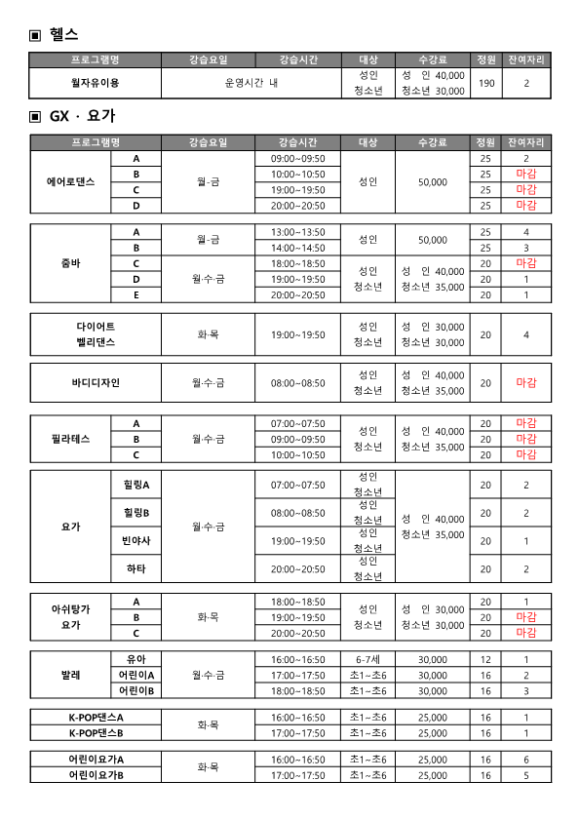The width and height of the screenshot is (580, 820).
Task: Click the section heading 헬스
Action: pos(63,34)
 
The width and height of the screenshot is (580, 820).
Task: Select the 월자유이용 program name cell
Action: pos(95,84)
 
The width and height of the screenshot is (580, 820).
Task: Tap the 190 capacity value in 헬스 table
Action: pos(485,84)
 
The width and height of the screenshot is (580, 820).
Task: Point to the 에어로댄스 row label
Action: pos(71,181)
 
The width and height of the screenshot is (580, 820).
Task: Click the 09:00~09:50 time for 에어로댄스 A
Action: pos(297,158)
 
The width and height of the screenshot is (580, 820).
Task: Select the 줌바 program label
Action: pos(71,263)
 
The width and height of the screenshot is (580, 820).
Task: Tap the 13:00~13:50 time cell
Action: pos(297,232)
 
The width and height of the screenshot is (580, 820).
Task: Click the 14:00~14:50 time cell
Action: pos(297,248)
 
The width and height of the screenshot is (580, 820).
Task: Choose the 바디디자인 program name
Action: pos(96,383)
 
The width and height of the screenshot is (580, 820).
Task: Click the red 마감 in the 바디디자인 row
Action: pos(525,383)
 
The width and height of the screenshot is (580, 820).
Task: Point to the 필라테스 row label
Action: pos(71,439)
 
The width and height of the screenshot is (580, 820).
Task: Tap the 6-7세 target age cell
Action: pos(367,659)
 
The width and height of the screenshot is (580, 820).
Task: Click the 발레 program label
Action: pos(71,675)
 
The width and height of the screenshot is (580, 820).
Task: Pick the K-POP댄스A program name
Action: pos(96,718)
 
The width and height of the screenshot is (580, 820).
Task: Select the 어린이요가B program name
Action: pos(96,775)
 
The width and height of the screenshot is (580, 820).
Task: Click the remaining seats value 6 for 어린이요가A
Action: pos(525,760)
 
